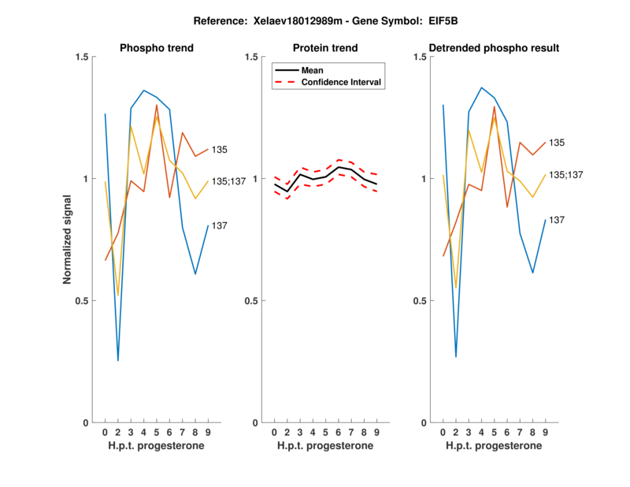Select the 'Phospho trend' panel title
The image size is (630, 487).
point(157,48)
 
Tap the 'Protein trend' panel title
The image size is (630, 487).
point(325,48)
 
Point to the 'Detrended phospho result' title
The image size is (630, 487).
point(495,48)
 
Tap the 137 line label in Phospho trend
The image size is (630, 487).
point(220,226)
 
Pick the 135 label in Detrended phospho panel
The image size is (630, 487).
point(558,143)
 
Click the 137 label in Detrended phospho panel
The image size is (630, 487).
point(558,220)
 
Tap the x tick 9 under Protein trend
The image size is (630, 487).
point(377,433)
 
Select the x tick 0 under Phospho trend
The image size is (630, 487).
point(106,433)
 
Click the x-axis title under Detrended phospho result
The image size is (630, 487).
point(495,446)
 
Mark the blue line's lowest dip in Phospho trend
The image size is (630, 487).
point(118,360)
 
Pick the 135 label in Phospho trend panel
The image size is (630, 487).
point(220,149)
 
